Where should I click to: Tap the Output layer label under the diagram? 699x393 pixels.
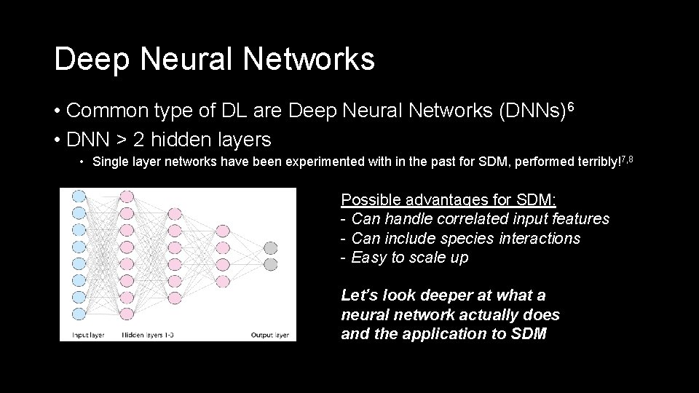point(269,335)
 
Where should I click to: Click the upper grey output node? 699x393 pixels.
point(270,247)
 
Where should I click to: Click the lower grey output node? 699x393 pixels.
point(270,263)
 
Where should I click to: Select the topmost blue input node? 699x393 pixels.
point(79,195)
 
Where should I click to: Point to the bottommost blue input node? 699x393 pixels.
point(79,314)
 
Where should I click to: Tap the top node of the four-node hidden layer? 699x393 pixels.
point(223,229)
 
